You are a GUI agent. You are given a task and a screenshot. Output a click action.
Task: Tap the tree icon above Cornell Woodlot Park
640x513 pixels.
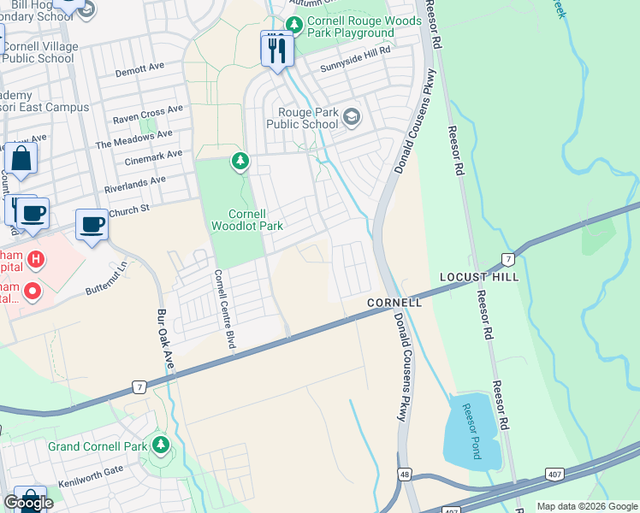click(x=240, y=161)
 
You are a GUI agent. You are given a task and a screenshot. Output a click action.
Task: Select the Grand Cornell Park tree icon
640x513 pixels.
click(x=159, y=445)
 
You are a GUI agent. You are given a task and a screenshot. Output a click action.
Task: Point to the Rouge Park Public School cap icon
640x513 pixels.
click(x=351, y=117)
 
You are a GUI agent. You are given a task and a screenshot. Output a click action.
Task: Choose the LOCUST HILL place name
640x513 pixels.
click(x=478, y=278)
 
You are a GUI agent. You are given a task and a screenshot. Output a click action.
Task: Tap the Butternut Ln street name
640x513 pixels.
click(x=106, y=279)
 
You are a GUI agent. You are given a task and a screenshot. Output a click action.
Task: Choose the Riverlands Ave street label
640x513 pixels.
click(x=134, y=180)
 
